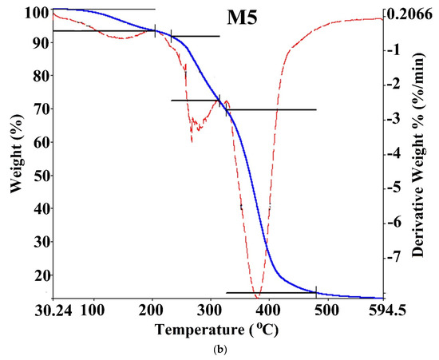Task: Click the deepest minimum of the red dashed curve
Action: (x=257, y=298)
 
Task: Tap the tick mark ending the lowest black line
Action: (x=316, y=291)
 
